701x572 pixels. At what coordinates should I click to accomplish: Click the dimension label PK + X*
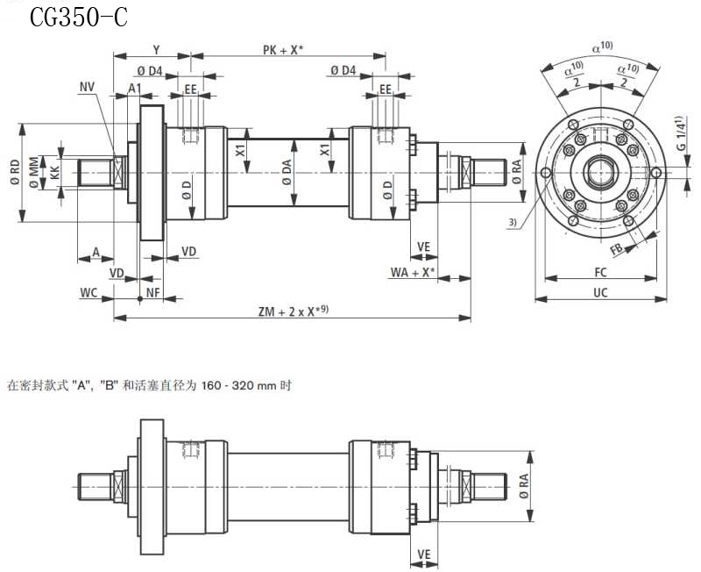coord(283,50)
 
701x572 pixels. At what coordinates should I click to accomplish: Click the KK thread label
coord(54,172)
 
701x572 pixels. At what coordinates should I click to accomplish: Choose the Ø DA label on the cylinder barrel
coord(287,172)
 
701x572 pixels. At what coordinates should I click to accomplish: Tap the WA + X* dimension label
coord(412,273)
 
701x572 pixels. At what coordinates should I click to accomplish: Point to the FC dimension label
coord(600,272)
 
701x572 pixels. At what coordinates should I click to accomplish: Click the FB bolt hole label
coord(618,248)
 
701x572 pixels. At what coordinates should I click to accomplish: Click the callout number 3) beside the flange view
coord(513,223)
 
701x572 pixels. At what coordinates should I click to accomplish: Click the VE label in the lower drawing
coord(424,554)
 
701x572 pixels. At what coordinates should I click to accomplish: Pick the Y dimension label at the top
coord(156,50)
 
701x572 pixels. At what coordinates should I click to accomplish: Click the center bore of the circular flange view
coord(600,172)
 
